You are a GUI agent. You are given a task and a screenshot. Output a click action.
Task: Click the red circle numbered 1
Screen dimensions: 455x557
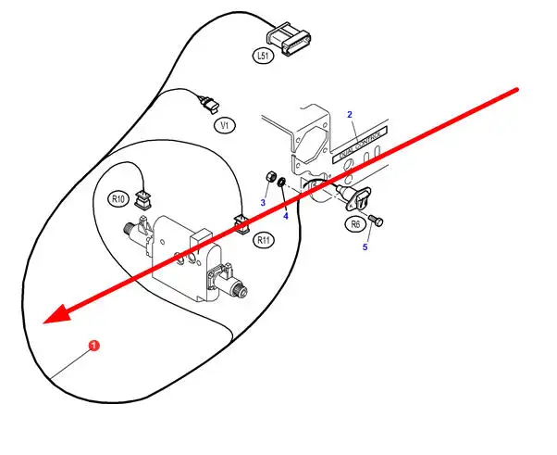point(93,347)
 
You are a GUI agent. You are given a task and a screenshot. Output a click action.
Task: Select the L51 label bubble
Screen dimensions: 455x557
point(263,57)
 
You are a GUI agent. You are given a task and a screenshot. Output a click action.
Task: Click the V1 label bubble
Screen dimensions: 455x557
point(224,123)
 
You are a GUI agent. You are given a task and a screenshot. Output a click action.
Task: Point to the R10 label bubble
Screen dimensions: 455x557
point(118,198)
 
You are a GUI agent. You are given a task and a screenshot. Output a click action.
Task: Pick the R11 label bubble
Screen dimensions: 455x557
point(264,240)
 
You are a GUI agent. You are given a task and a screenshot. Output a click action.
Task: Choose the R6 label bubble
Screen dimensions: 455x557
point(355,223)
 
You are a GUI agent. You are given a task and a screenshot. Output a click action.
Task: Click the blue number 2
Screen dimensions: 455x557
point(350,114)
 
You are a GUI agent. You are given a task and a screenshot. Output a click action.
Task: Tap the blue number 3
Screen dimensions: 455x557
point(263,202)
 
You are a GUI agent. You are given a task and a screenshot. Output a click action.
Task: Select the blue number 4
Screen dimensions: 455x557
point(286,215)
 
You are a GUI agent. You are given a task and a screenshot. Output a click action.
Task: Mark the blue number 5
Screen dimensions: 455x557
point(365,247)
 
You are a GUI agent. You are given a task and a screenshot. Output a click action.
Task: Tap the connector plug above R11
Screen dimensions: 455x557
point(241,222)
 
